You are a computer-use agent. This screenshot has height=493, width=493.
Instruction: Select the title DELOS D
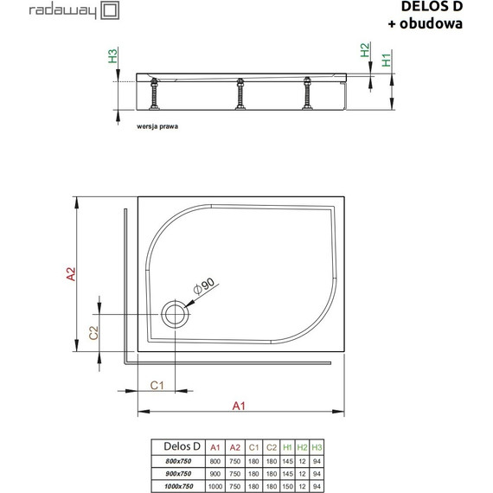pos(432,8)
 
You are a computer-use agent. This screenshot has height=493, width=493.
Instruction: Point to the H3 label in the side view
pos(112,57)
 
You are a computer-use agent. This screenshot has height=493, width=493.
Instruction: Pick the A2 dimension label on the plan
pos(73,273)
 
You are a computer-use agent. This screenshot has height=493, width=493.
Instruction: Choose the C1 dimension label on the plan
pos(157,385)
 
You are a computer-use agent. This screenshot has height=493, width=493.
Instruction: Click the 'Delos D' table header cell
pos(181,446)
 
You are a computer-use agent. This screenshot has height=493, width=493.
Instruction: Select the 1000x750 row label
pos(181,486)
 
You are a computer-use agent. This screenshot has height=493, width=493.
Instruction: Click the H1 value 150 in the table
pos(286,486)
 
